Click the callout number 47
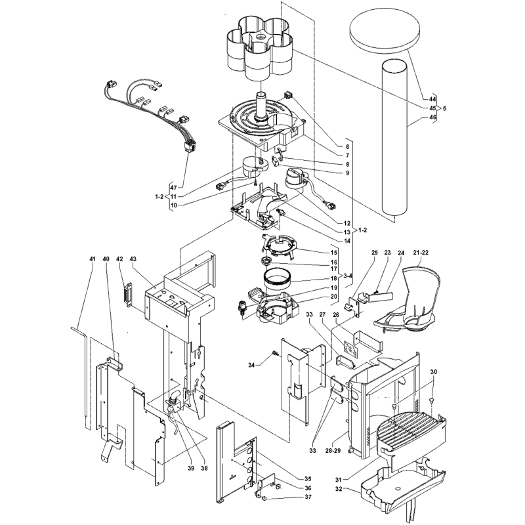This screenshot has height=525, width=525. [173, 188]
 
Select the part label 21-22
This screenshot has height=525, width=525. [421, 253]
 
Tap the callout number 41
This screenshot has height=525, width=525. [93, 259]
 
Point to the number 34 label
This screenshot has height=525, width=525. [251, 365]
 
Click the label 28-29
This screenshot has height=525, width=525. [333, 451]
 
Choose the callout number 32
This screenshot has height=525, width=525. [339, 489]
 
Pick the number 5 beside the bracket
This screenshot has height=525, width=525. [444, 108]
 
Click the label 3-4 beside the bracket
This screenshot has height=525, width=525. [348, 276]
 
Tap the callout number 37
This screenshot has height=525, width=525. [308, 497]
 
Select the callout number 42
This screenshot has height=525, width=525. [119, 259]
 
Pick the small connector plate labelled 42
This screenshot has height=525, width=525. [129, 295]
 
